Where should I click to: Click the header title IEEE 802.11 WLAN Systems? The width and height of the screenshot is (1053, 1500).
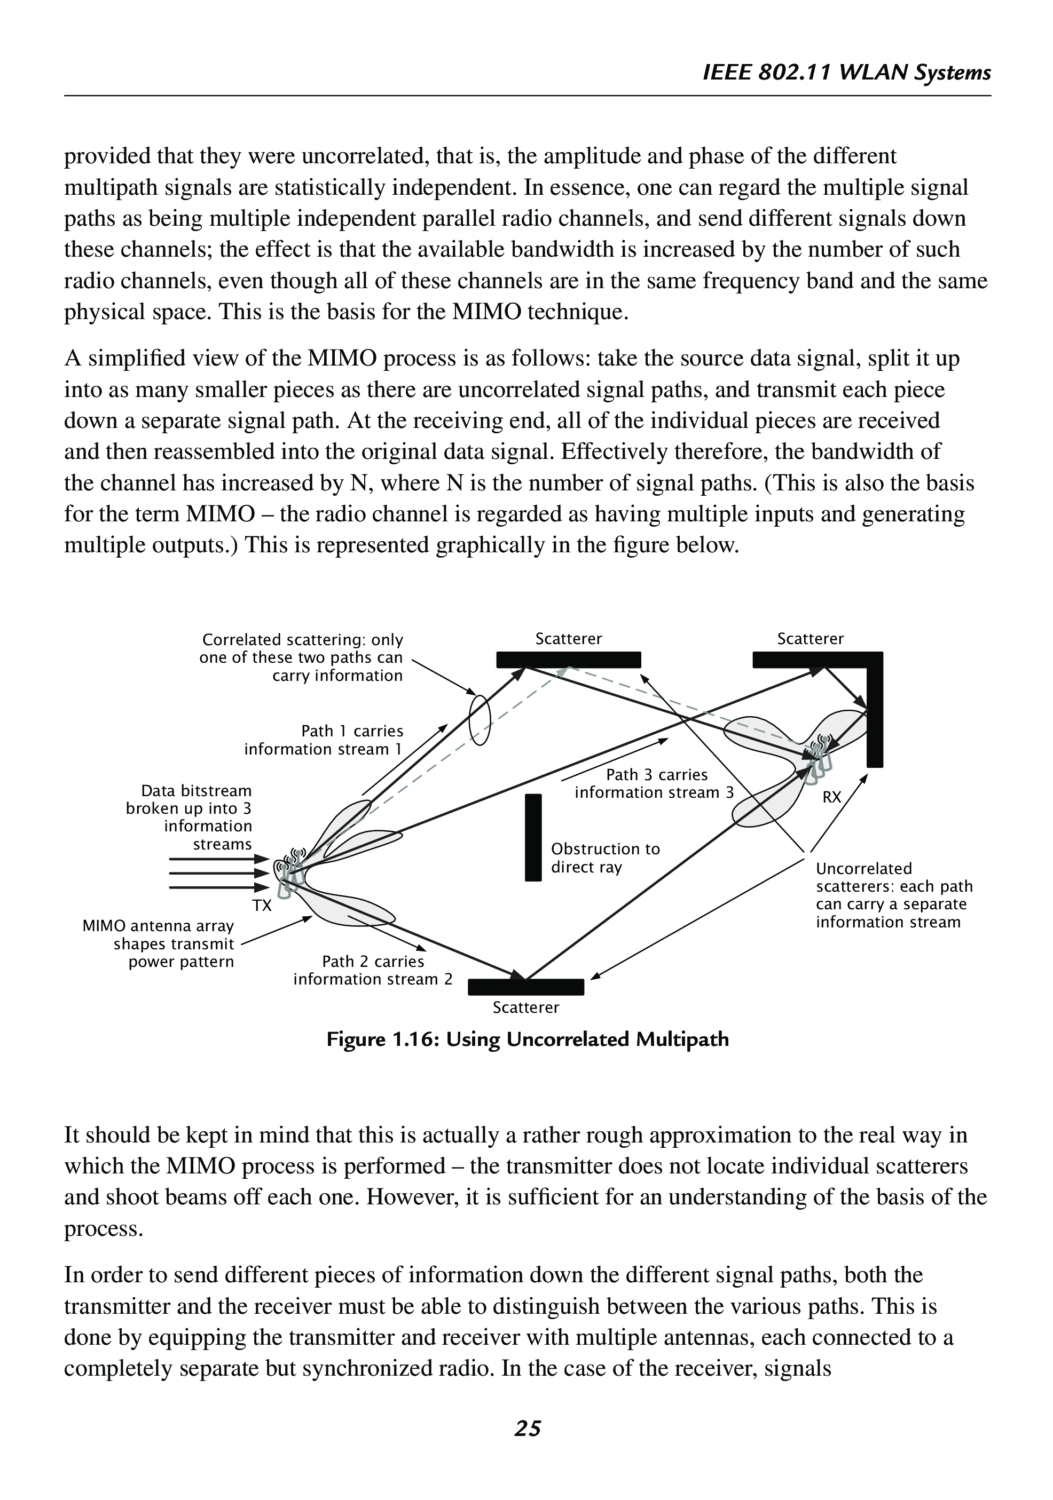tap(846, 72)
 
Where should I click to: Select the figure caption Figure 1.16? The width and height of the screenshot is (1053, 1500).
tap(527, 1039)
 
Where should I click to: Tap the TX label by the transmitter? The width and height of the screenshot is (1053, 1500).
tap(262, 906)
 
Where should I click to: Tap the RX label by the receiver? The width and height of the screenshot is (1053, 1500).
tap(831, 797)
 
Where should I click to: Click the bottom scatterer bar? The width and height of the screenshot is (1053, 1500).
tap(525, 987)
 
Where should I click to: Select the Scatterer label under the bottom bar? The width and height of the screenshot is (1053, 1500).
tap(525, 1007)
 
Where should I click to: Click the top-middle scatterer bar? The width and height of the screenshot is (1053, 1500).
tap(568, 660)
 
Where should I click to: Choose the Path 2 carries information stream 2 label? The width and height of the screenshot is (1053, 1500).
tap(373, 970)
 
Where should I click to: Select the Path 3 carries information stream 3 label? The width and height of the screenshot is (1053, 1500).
tap(654, 783)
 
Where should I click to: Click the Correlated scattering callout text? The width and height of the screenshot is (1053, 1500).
tap(301, 657)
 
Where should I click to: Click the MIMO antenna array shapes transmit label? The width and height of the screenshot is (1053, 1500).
tap(158, 943)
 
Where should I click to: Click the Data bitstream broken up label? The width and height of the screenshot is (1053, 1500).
tap(190, 818)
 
